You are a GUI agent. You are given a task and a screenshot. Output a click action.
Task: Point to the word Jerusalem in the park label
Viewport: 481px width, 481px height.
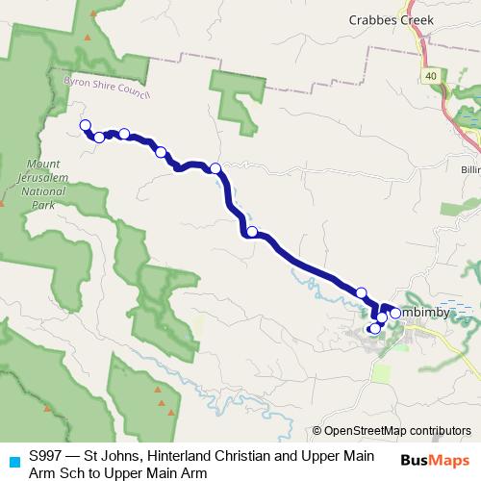click(x=41, y=178)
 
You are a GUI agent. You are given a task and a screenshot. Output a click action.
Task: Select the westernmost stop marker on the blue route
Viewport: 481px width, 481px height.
click(x=85, y=125)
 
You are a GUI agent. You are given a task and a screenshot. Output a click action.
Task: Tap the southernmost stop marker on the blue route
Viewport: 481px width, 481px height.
click(x=374, y=329)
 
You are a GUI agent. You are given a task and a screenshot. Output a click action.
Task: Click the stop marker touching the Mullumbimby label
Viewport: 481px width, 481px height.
click(x=395, y=313)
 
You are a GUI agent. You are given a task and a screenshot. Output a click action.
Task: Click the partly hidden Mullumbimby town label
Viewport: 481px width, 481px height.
click(x=423, y=315)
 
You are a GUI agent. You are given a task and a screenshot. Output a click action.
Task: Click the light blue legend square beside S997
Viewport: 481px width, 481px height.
click(x=13, y=460)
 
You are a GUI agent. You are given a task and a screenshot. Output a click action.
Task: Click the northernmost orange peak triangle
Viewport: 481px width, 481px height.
click(x=88, y=37)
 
